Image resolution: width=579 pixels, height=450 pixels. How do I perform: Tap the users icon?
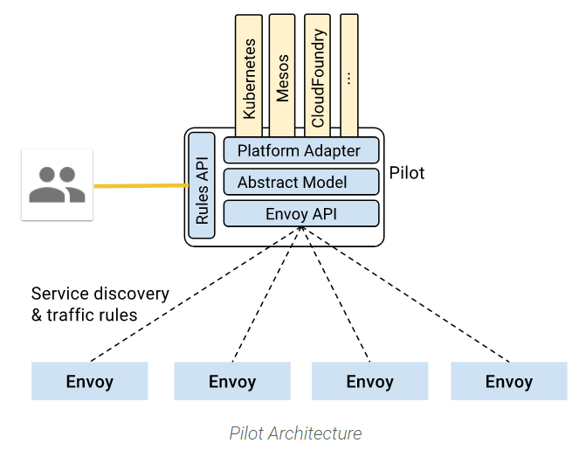[57, 184]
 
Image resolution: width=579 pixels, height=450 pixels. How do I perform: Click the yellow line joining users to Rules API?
[140, 185]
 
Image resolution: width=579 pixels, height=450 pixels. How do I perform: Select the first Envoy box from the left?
[90, 382]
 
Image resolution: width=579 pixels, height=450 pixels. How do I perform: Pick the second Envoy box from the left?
[232, 382]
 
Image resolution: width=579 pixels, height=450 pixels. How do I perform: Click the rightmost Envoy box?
[509, 382]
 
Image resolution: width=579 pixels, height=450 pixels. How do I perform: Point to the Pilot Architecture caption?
[295, 433]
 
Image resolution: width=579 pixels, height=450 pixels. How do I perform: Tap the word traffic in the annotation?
[72, 315]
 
